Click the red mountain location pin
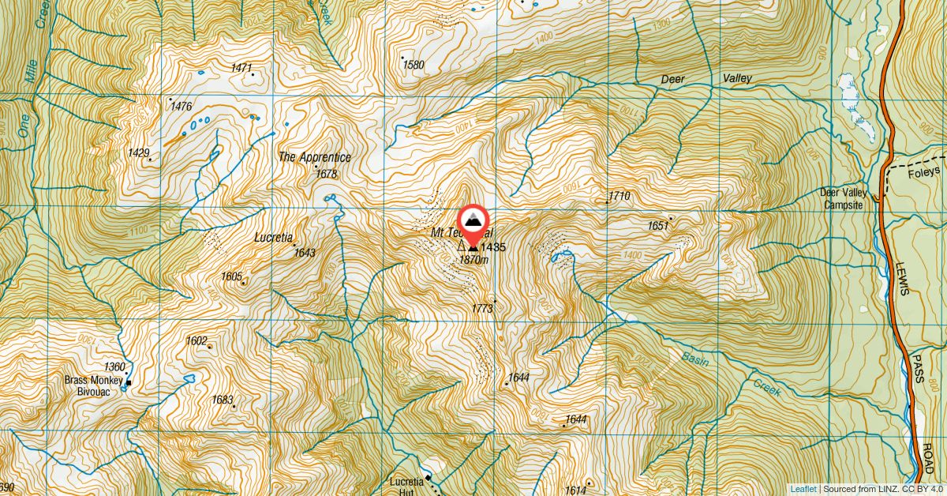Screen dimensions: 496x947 (x=473, y=222)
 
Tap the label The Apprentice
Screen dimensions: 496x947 (x=314, y=157)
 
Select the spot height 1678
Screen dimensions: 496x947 (x=326, y=174)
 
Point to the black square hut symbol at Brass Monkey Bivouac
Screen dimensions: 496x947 (x=129, y=384)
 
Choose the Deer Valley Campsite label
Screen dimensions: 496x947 (x=844, y=198)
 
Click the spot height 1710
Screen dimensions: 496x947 (x=619, y=195)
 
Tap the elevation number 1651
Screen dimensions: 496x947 (x=658, y=226)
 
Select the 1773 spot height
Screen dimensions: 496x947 (x=483, y=308)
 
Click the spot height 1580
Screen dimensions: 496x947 (x=414, y=65)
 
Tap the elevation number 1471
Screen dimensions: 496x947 (x=241, y=68)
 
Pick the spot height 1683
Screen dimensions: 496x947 (x=223, y=400)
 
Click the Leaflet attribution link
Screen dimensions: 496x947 (x=803, y=489)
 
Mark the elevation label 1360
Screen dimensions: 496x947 (x=114, y=366)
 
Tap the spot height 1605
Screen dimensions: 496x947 (x=231, y=276)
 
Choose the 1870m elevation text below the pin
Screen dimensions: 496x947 (x=473, y=259)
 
